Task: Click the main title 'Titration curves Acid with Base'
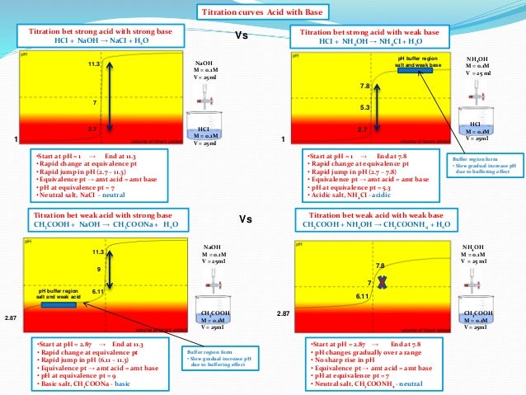(262, 12)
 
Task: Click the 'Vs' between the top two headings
(242, 36)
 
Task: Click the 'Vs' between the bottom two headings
(245, 220)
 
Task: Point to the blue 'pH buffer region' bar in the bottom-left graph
(59, 304)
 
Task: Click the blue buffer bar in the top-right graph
(420, 70)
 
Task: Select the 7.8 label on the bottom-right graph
(380, 266)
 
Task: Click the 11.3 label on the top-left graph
(92, 63)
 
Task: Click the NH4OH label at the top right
(478, 59)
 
